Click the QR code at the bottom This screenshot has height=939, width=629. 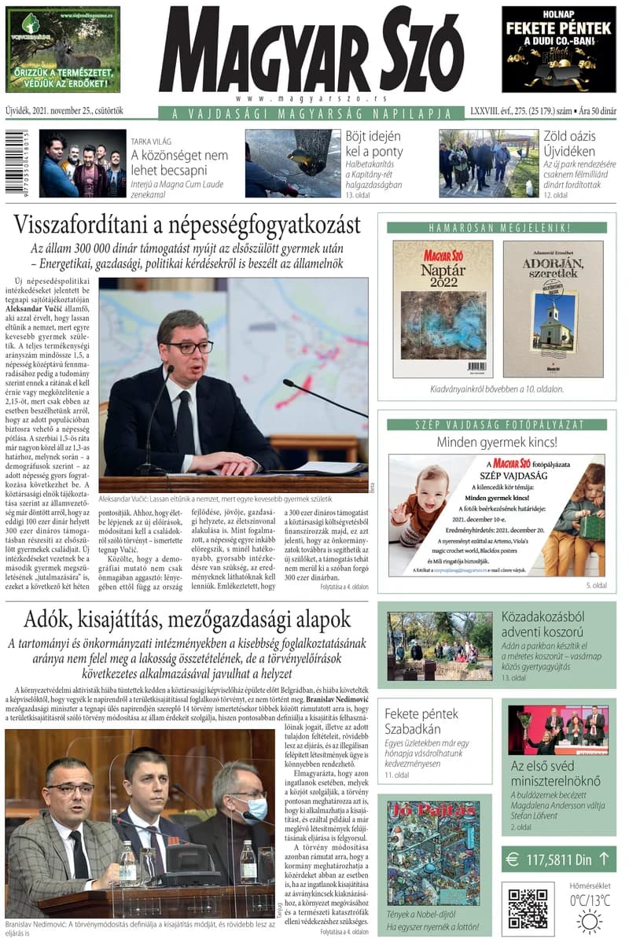[527, 908]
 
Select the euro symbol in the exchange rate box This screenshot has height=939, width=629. [513, 859]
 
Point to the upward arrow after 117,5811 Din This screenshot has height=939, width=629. [603, 859]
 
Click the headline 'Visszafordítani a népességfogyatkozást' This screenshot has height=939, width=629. [187, 225]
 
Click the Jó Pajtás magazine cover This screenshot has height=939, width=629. [432, 852]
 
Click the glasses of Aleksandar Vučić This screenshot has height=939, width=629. [189, 347]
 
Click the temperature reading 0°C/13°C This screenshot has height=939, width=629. [590, 900]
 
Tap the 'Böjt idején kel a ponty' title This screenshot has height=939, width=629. [374, 143]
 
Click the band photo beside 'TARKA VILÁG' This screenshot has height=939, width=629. [83, 163]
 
